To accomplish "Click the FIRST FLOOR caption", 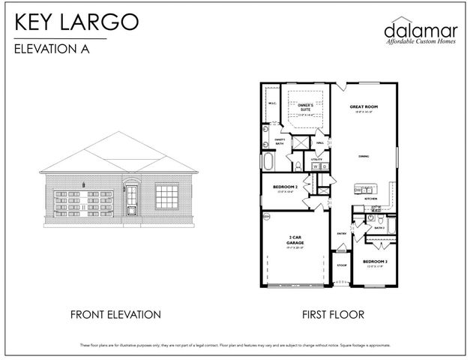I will [334, 314].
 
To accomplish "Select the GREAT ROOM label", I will [364, 107].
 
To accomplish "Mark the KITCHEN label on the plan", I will [370, 199].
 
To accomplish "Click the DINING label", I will [363, 156].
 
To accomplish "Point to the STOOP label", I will [341, 265].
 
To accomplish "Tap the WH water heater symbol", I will [265, 217].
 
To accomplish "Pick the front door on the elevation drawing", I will [132, 198].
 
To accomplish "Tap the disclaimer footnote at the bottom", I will [236, 345].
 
